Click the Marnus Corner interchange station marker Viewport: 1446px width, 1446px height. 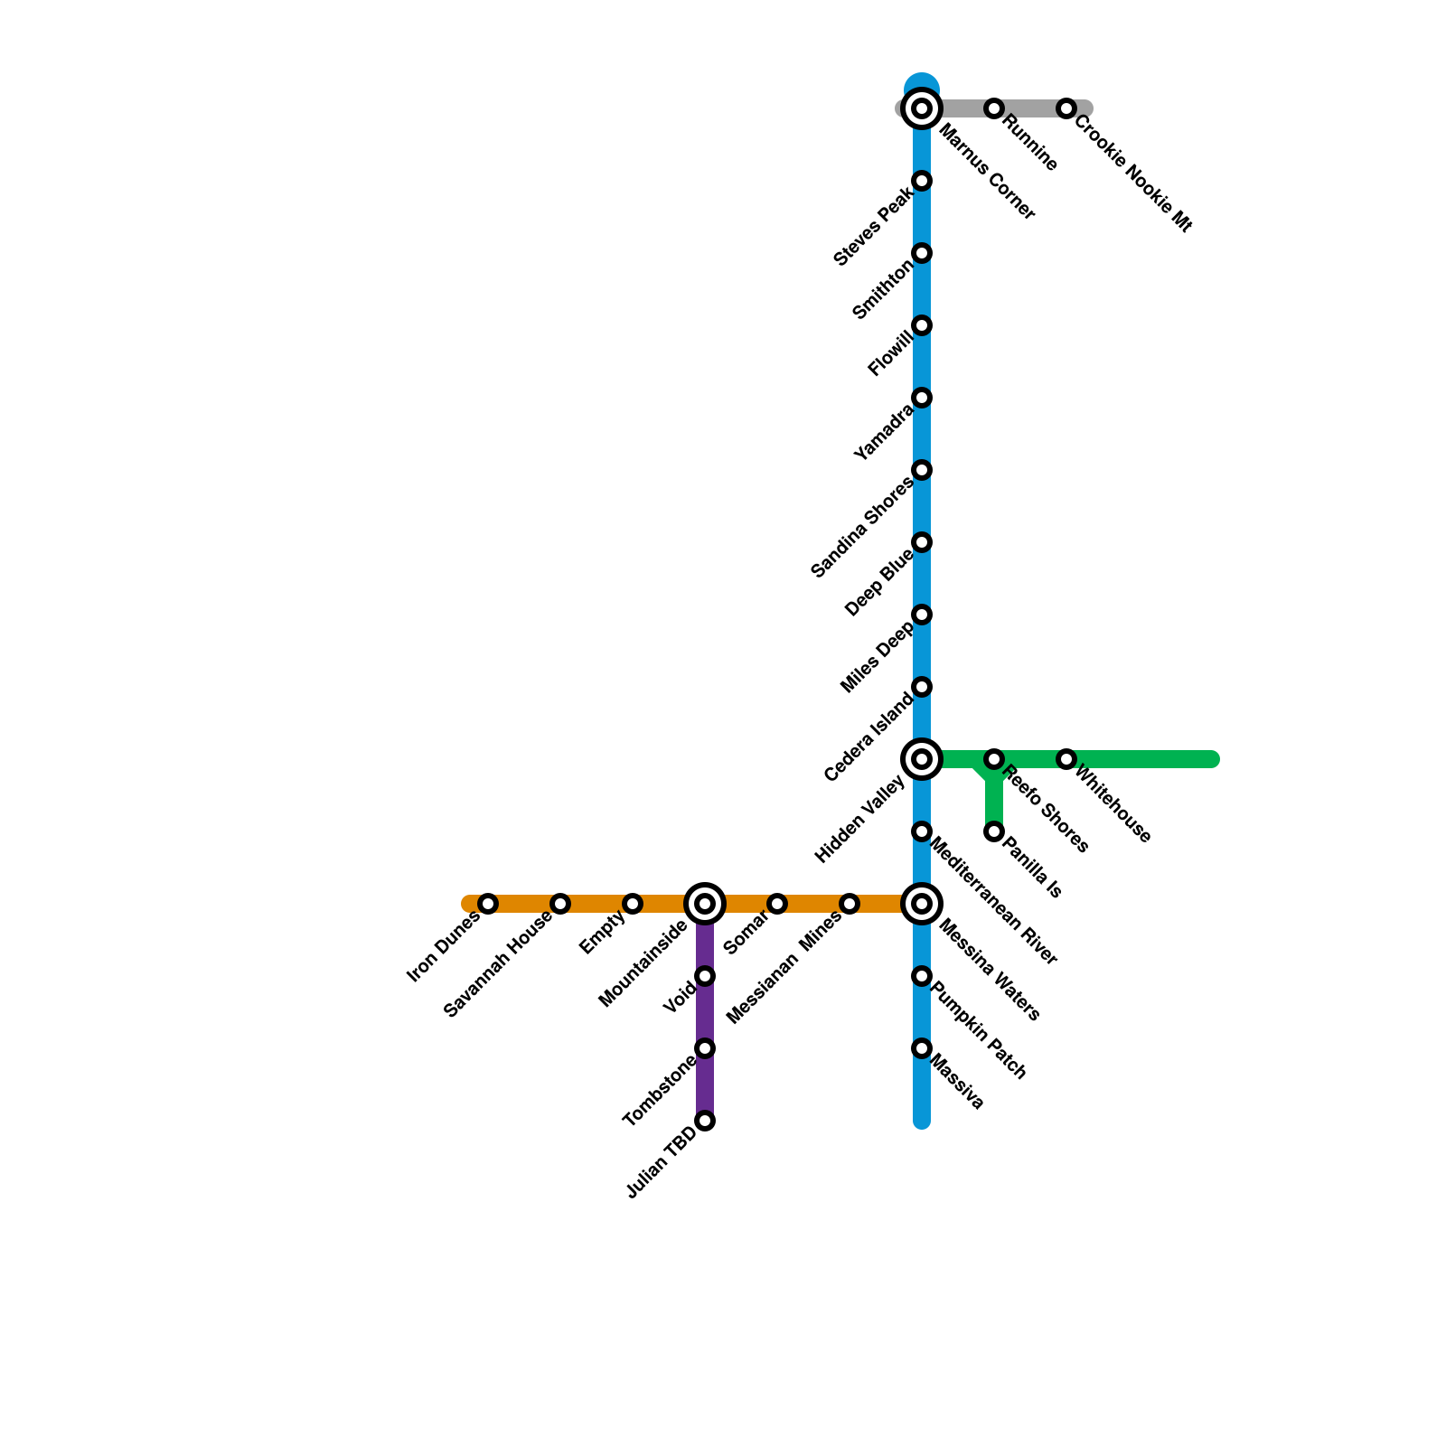point(922,108)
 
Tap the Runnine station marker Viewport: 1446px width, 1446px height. point(994,108)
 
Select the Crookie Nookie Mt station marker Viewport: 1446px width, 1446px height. point(1066,108)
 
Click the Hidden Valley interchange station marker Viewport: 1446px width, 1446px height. point(922,759)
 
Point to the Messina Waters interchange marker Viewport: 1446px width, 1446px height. point(922,904)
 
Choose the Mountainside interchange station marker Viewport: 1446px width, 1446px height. point(705,904)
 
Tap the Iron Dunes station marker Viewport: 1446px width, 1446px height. point(488,904)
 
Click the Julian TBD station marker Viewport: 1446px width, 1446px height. point(705,1121)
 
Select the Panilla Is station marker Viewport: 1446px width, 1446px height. point(994,831)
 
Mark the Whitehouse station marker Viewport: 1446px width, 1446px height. point(1066,759)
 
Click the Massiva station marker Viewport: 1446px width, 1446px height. point(922,1048)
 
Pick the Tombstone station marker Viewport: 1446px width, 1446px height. point(705,1048)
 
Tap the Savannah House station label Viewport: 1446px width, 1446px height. point(498,964)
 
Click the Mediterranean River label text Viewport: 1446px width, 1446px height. point(992,902)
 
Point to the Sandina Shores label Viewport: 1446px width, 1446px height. point(862,528)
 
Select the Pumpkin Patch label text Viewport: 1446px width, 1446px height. point(978,1030)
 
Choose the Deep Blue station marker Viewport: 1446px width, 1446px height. point(922,542)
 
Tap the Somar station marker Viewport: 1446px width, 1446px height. point(777,904)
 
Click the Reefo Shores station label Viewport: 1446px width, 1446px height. point(1046,809)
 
